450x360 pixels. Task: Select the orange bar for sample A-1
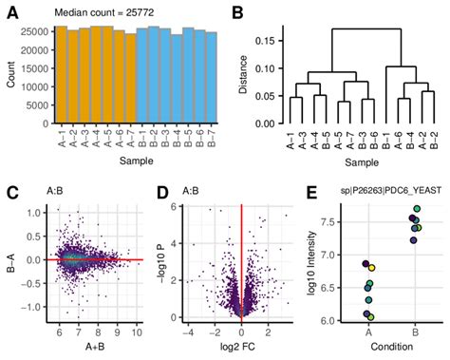tap(61, 76)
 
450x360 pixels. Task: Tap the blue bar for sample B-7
tap(212, 79)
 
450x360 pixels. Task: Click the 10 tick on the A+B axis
tap(136, 332)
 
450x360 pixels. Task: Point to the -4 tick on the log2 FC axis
tap(189, 332)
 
